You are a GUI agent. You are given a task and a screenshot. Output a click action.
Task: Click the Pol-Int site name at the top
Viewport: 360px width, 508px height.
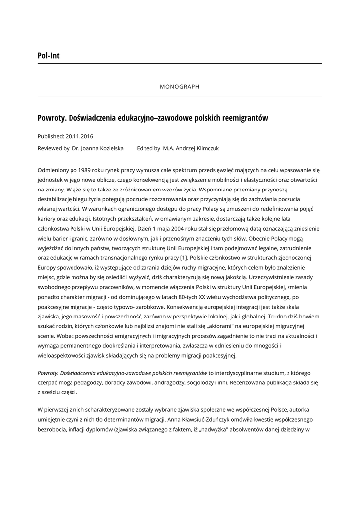(x=48, y=56)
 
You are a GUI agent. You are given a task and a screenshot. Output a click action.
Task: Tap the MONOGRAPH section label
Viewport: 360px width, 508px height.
(x=180, y=87)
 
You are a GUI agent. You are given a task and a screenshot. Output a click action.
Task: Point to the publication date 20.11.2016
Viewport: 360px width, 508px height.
(x=79, y=136)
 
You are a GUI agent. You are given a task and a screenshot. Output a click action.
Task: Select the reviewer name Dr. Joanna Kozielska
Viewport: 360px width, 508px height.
(x=98, y=148)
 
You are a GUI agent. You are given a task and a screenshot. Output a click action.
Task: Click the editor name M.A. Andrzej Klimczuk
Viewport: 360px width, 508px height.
(x=191, y=148)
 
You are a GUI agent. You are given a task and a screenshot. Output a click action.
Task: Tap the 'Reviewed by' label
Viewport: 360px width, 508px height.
(x=53, y=148)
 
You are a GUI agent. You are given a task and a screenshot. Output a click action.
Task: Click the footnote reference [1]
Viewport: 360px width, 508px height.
(x=184, y=258)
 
